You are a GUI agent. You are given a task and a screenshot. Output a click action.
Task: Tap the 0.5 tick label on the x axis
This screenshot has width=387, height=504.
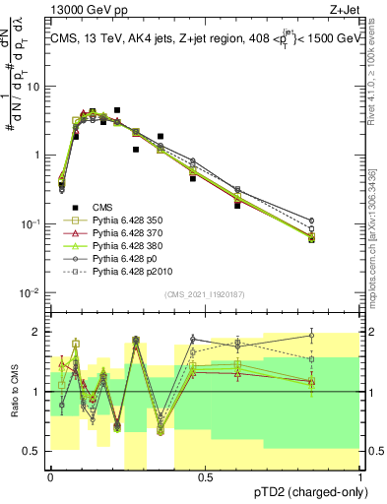[206, 477]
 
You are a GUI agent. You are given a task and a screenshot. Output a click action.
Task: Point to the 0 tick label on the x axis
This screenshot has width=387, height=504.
[50, 477]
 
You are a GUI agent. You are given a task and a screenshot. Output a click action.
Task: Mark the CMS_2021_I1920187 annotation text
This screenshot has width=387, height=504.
[206, 294]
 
